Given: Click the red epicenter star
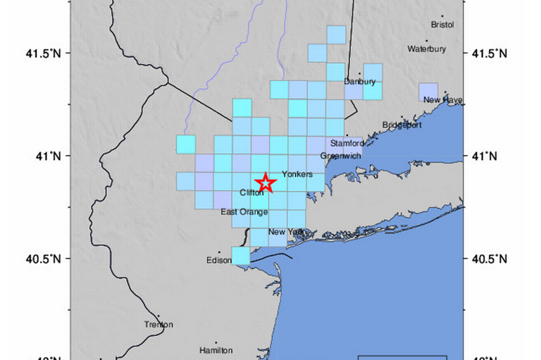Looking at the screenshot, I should pos(266,182).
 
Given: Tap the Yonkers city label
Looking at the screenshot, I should pos(296,174).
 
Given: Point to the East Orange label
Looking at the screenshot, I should pos(244,211).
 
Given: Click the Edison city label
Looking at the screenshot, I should pos(219,260).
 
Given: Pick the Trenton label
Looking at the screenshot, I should pos(158,325).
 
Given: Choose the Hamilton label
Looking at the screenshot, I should pos(216,350).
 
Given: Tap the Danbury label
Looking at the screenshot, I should pos(360,82).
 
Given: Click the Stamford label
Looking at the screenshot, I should pos(347,143).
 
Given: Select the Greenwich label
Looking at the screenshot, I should pos(340,155).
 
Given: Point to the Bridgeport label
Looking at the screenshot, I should pos(402,125).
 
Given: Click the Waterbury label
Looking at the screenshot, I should pos(427,49).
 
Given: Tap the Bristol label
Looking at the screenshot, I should pos(443,25).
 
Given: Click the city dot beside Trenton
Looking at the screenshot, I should pos(158,317).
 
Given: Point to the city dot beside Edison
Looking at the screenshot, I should pos(219,252).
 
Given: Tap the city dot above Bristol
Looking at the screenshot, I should pos(443,15).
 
